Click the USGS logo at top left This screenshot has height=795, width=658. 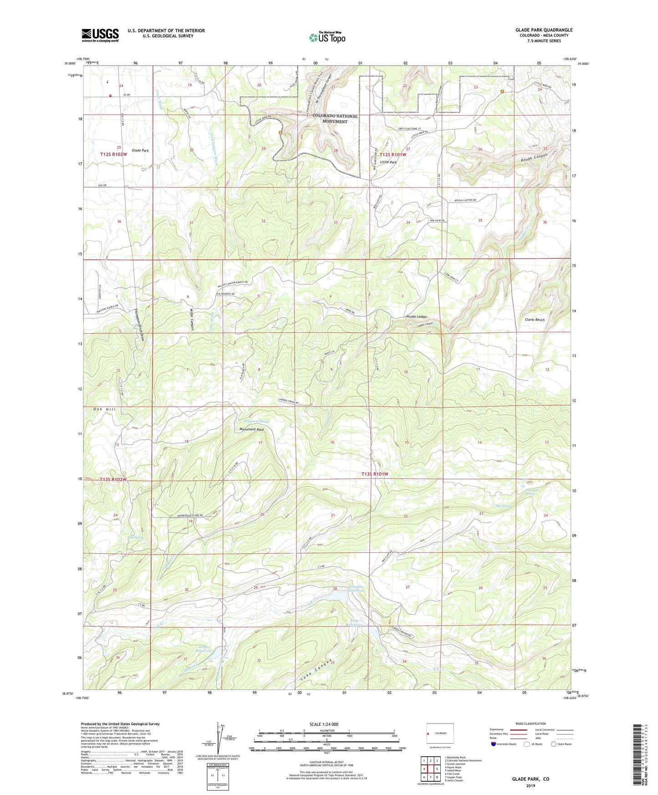click(100, 35)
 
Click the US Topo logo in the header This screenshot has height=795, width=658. click(327, 37)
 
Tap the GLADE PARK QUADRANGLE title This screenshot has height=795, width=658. click(544, 30)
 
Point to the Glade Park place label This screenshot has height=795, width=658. click(140, 150)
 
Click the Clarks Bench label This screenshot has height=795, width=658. click(534, 320)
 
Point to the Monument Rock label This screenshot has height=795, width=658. click(251, 429)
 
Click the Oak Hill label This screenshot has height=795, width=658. click(105, 409)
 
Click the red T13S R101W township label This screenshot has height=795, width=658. click(375, 474)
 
